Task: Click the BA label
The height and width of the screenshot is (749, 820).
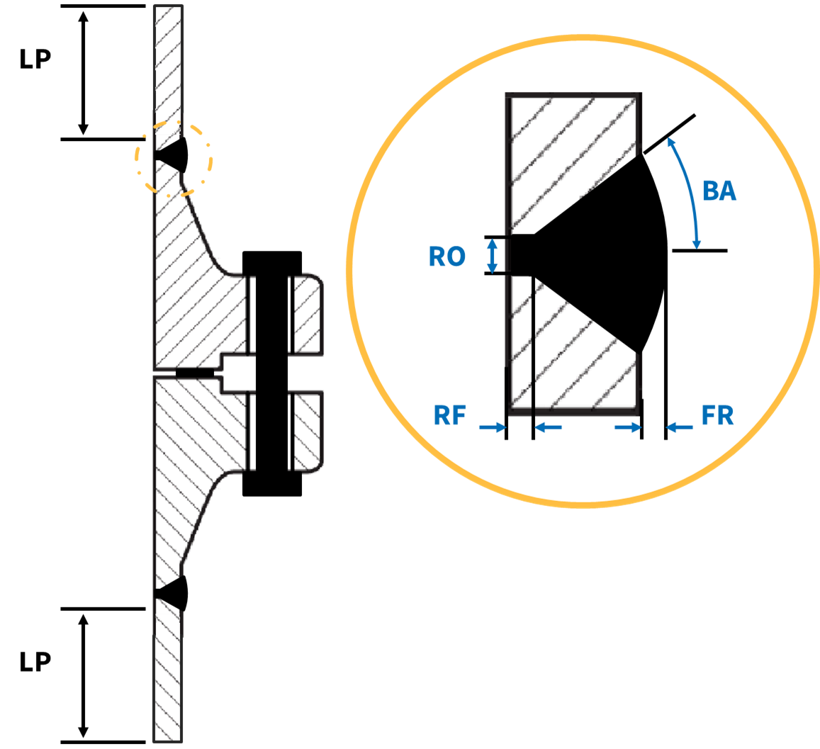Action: [x=719, y=191]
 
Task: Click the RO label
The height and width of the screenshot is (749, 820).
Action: [x=446, y=256]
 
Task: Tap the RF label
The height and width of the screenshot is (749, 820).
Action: [x=450, y=416]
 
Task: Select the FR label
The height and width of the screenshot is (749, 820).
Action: [x=717, y=416]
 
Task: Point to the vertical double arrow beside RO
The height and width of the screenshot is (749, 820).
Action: [x=489, y=255]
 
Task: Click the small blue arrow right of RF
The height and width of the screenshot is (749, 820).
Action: [x=548, y=427]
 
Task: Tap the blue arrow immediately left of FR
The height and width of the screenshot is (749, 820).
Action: [x=680, y=427]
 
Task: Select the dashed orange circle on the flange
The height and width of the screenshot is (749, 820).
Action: [x=174, y=159]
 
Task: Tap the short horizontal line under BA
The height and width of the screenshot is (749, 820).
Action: [x=699, y=251]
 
